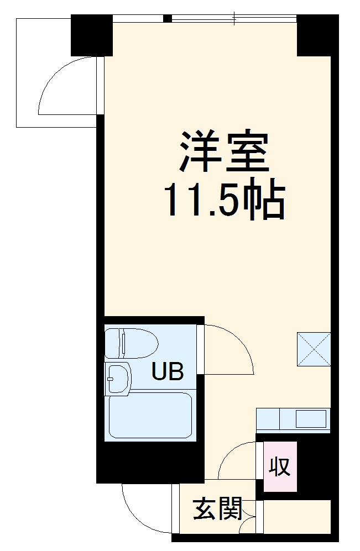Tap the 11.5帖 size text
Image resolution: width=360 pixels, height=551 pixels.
223,198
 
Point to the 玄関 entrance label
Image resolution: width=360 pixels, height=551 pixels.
218,510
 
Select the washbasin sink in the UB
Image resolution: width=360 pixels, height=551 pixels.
118,378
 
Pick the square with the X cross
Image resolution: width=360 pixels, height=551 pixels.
314,349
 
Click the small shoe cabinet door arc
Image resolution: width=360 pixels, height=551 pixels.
248,525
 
